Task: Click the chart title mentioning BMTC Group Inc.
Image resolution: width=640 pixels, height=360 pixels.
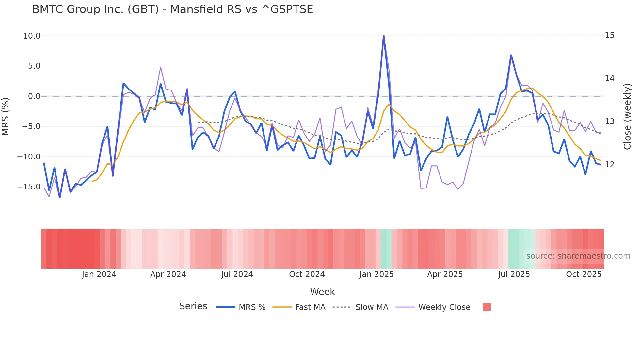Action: pos(172,9)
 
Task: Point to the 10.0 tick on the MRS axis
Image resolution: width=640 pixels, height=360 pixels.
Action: pos(32,36)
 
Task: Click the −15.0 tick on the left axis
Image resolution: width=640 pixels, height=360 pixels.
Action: pos(29,187)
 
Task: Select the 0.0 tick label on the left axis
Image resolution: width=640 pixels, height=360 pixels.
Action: pos(34,96)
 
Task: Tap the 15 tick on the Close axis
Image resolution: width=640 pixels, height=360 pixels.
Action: pos(609,35)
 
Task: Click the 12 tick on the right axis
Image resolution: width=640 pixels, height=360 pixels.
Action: pos(609,165)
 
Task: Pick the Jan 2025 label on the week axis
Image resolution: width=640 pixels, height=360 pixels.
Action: pos(376,274)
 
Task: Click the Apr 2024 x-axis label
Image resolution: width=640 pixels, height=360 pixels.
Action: pos(168,274)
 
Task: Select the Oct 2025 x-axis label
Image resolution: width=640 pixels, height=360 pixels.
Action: pos(584,274)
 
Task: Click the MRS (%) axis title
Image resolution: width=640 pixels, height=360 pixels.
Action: pos(6,116)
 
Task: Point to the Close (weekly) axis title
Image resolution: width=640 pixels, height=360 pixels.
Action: pos(627,116)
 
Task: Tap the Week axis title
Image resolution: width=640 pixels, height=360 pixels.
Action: pos(322,292)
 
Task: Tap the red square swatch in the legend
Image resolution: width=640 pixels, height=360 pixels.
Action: pos(487,307)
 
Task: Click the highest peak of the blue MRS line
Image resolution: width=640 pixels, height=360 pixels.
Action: pos(384,36)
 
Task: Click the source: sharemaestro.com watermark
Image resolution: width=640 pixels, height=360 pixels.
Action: pos(578,256)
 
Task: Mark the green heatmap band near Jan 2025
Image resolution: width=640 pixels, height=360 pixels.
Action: pos(386,249)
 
